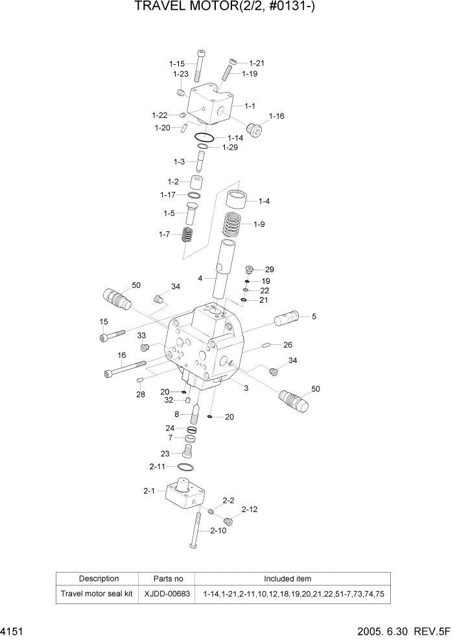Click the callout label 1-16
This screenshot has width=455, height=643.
(x=276, y=116)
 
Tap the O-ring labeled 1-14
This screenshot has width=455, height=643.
(x=204, y=137)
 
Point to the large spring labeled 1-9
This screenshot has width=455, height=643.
(x=235, y=226)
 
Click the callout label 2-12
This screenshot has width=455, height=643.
(x=249, y=509)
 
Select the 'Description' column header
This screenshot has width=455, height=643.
(x=99, y=579)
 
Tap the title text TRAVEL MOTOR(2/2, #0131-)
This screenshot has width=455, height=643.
(x=227, y=8)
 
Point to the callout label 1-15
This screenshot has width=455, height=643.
(x=177, y=64)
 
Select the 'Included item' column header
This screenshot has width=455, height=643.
(x=287, y=579)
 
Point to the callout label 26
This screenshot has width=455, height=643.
(x=288, y=344)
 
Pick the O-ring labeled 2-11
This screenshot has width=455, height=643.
(x=185, y=467)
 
